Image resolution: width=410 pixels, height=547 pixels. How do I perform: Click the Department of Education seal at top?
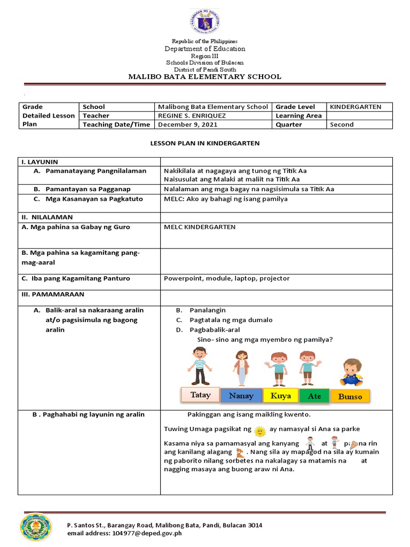(204, 21)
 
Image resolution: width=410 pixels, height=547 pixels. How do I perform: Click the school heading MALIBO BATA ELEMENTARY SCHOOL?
(204, 76)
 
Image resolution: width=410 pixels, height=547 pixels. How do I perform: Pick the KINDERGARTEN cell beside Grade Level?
(356, 107)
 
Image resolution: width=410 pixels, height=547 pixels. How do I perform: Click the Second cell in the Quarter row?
(342, 124)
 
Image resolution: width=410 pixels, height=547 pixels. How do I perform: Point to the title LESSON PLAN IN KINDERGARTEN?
(204, 144)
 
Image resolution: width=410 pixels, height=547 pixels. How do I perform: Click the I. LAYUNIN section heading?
(40, 161)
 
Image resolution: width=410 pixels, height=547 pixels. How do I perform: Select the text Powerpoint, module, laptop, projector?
(227, 278)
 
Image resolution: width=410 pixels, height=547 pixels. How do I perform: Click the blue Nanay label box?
(241, 396)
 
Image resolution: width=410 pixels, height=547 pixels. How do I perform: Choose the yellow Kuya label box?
(281, 396)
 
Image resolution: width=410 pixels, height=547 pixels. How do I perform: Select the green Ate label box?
(314, 396)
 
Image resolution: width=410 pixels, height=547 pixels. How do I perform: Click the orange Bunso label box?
(350, 396)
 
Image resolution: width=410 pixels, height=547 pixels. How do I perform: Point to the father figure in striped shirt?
(199, 366)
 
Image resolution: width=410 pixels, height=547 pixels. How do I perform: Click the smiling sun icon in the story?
(259, 430)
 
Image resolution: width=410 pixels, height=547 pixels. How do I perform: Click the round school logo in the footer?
(36, 527)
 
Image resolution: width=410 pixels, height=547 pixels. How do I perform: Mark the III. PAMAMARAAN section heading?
(53, 294)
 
